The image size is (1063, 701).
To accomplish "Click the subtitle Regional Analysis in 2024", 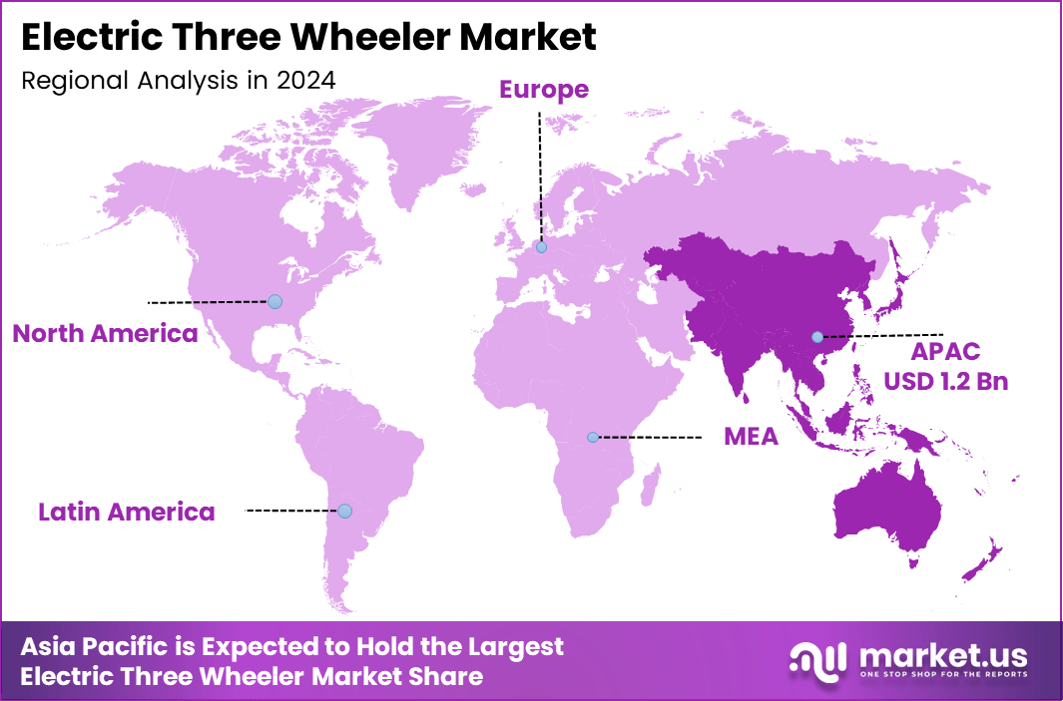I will pos(178,81).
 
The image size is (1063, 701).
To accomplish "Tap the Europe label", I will pos(544,90).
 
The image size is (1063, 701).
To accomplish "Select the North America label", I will pos(105,333).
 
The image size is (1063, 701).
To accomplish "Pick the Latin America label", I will pos(127,513).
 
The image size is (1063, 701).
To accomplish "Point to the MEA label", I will pos(751,437).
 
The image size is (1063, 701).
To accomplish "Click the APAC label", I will pos(945,351).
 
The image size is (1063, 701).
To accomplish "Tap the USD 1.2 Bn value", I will pos(945,382).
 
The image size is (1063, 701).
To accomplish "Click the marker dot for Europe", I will pos(541,247).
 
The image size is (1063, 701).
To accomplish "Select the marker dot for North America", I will pos(275,301).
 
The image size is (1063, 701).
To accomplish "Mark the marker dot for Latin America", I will pos(344,511).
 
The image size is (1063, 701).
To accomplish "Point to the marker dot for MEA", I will pos(592,437).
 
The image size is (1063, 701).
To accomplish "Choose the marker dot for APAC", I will pos(817,336).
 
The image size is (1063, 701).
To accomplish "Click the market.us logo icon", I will pos(818,659).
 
